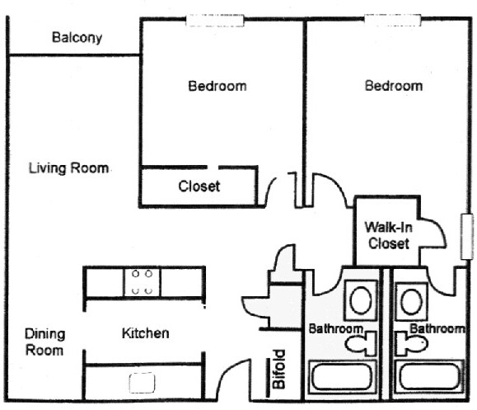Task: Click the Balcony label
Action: pos(77,38)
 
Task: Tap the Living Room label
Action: pos(68,168)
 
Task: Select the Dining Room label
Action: pos(44,342)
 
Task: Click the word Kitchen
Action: pos(146,333)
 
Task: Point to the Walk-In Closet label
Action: pos(389,235)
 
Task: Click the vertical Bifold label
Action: pos(279,370)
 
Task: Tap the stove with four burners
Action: pos(142,282)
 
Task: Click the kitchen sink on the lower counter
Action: pos(142,383)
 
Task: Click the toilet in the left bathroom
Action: pos(361,343)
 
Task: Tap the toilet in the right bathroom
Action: pos(412,343)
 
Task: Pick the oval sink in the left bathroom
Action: pos(361,300)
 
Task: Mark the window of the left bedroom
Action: pos(215,21)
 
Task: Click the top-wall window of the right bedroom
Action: pos(393,20)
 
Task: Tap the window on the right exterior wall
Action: pos(467,237)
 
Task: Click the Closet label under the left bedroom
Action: pos(199,186)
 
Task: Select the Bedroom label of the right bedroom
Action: pos(394,86)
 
